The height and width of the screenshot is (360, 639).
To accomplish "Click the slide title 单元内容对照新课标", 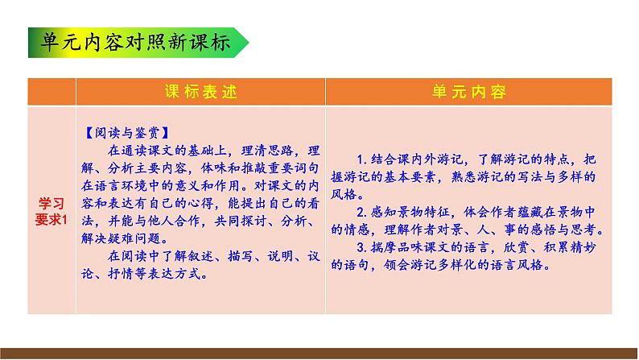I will point(133,43).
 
